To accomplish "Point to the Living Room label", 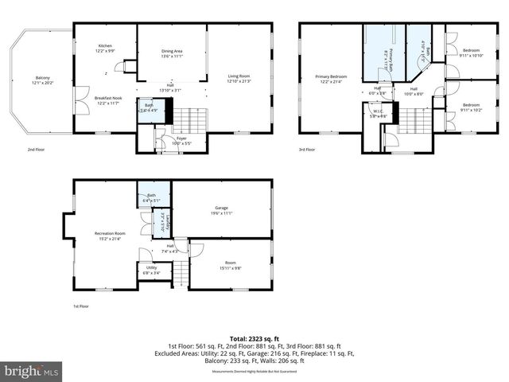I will point(239,78).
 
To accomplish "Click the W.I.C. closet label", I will point(384,112).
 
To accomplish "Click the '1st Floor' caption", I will point(81,306).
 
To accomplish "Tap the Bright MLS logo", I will point(32,371).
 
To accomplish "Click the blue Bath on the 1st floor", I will point(150,198).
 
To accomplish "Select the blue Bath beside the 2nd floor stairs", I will point(149,108).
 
